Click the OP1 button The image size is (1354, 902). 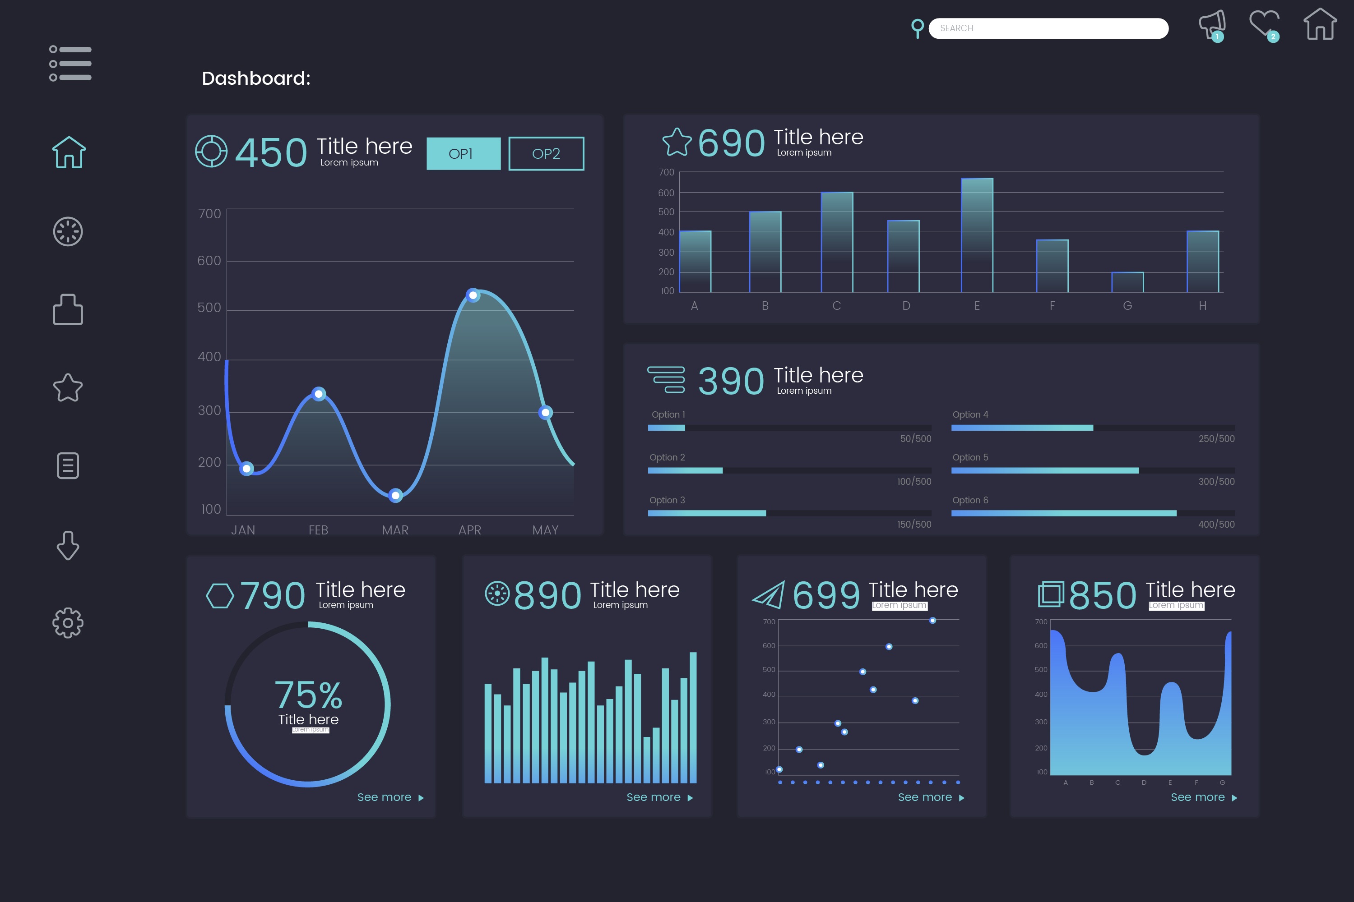coord(464,154)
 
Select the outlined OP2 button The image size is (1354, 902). coord(546,154)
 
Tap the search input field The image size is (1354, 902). coord(1048,28)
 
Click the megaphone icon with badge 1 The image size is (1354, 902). coord(1212,25)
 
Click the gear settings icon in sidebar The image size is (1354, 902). coord(68,622)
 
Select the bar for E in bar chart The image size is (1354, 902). coord(977,236)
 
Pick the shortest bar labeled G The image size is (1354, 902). coord(1127,282)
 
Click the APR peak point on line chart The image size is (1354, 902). coord(473,295)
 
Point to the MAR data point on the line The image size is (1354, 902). coord(395,495)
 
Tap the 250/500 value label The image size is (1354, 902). coord(1216,438)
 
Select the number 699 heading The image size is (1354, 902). coord(825,595)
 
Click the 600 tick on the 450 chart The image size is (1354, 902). coord(209,261)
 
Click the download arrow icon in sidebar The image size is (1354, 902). coord(68,545)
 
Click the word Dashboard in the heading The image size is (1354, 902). coord(255,78)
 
